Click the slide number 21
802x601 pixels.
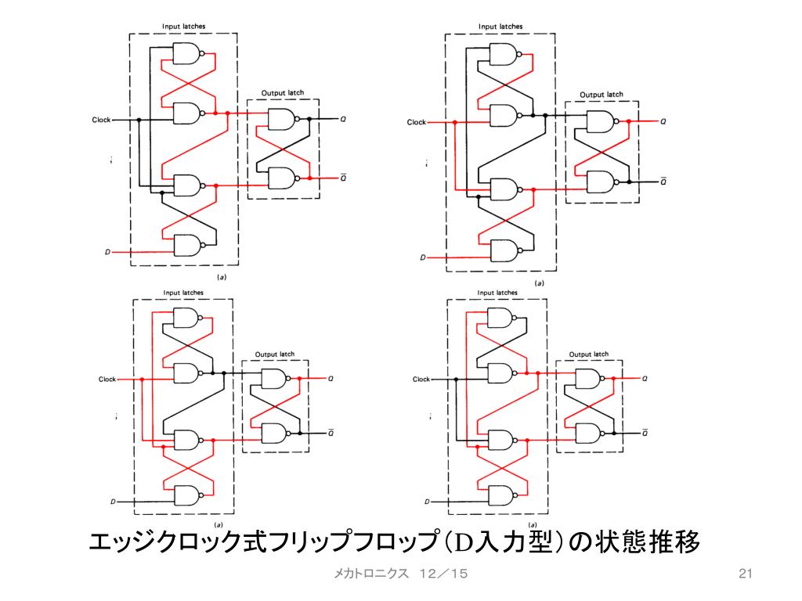coord(745,574)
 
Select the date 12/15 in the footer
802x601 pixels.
coord(443,574)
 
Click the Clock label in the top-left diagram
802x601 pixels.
coord(101,120)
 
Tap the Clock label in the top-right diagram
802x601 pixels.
coord(416,122)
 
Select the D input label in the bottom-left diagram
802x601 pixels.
coord(113,501)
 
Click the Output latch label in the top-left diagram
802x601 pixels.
coord(283,93)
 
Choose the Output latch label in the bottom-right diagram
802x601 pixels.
coord(590,354)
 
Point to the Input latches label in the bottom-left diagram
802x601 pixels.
coord(183,293)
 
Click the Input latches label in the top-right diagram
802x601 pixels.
coord(500,26)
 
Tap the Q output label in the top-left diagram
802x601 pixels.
coord(343,120)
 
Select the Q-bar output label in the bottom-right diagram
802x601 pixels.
coord(644,431)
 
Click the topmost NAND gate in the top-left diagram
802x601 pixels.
coord(186,53)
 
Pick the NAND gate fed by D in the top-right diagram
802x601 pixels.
coord(502,250)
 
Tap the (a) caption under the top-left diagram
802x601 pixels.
coord(222,277)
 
